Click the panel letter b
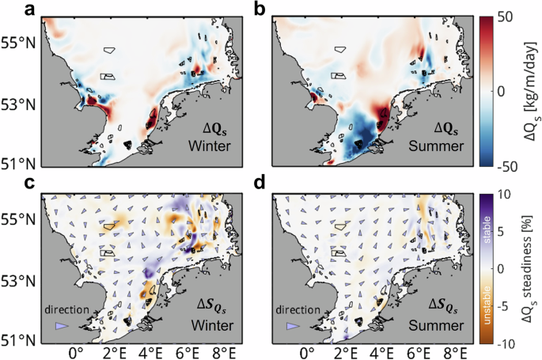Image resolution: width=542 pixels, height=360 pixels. [259, 9]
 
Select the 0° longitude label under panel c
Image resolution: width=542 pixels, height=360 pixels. [76, 353]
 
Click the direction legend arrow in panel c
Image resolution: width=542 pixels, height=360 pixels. [61, 326]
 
